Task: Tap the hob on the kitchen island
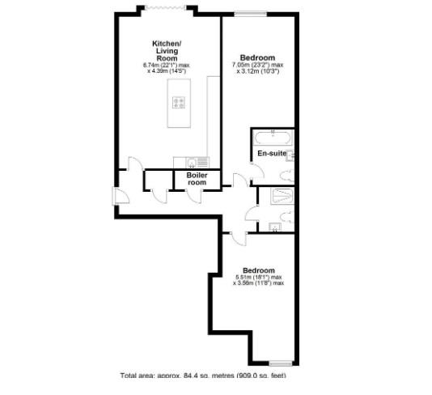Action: coord(180,103)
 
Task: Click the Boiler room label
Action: coord(197,179)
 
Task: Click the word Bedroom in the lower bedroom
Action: coord(259,270)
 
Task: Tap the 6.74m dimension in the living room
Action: coord(153,64)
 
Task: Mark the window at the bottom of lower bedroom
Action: coord(280,361)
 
